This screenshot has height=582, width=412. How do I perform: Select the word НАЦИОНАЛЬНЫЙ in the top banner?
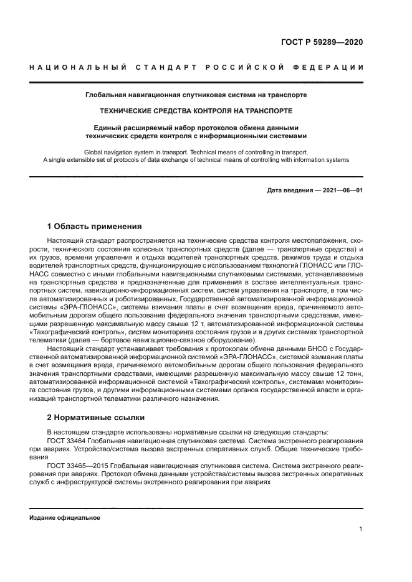point(79,67)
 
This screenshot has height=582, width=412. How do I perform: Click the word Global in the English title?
point(94,151)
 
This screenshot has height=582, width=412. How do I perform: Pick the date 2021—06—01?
point(341,190)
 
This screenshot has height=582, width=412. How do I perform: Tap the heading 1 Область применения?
point(94,226)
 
